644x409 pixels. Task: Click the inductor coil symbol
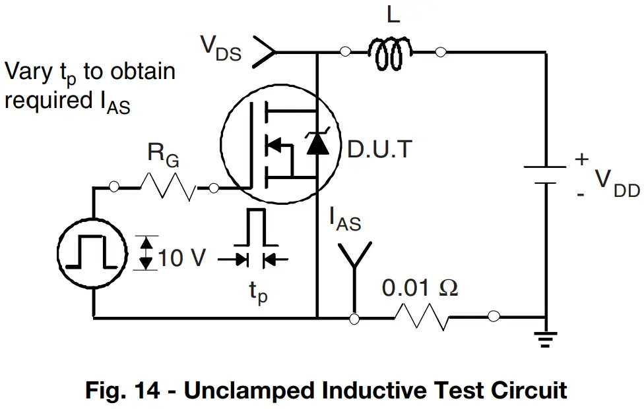(390, 53)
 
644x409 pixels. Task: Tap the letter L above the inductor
(393, 15)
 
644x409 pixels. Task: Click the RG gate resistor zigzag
(168, 187)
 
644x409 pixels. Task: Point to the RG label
(163, 155)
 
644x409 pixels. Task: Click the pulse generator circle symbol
(92, 254)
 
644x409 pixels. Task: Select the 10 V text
(181, 258)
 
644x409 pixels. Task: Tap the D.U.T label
(379, 149)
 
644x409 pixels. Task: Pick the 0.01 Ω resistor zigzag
(422, 317)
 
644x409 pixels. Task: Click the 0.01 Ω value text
(420, 288)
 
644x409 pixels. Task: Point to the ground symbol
(546, 339)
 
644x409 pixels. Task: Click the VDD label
(617, 183)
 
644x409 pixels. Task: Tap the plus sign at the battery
(581, 159)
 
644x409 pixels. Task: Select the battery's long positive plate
(545, 167)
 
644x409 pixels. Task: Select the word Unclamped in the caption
(249, 391)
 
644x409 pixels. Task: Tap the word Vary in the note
(28, 72)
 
